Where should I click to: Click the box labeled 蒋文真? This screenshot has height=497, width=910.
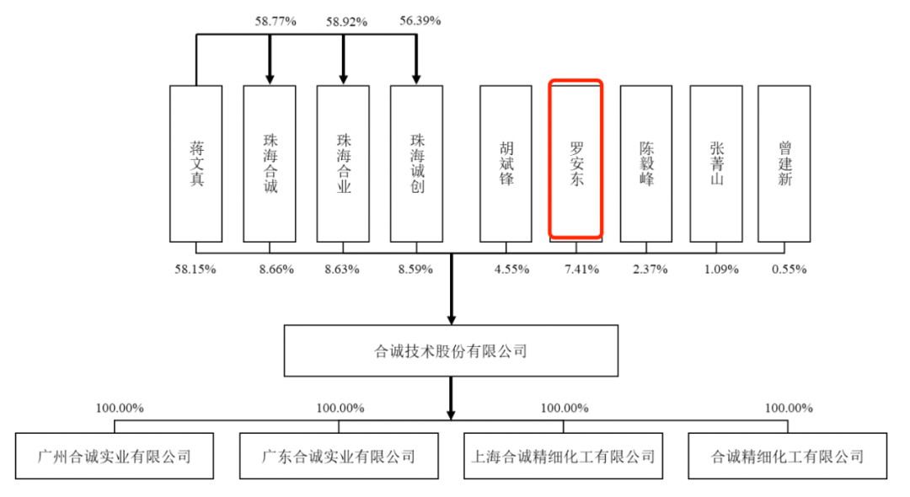click(x=196, y=163)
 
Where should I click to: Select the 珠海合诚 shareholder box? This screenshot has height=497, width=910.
click(x=270, y=163)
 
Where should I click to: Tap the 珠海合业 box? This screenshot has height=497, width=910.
click(x=343, y=163)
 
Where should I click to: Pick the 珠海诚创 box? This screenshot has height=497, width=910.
click(x=416, y=163)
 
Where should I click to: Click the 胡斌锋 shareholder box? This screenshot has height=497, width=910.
click(x=506, y=163)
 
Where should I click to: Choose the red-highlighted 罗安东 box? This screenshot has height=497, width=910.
click(x=576, y=159)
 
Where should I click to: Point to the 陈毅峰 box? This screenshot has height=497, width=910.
click(x=646, y=163)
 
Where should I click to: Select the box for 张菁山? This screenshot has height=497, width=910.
click(x=716, y=163)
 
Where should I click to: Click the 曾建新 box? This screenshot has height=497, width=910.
click(x=784, y=163)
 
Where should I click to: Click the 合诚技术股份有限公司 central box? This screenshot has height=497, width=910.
click(x=451, y=351)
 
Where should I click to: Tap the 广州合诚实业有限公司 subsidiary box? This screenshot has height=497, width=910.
click(x=115, y=457)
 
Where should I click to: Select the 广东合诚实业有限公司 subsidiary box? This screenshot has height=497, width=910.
click(x=339, y=457)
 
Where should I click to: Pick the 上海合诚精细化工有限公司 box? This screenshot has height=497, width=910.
click(x=564, y=457)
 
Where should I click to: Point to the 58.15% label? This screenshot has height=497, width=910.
click(x=196, y=270)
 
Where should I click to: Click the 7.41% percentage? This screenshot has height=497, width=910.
click(x=577, y=270)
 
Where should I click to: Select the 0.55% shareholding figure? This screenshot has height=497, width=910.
click(x=789, y=270)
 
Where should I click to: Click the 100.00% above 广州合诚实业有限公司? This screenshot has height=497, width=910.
click(x=119, y=409)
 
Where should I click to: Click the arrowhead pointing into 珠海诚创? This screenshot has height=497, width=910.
click(x=416, y=77)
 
